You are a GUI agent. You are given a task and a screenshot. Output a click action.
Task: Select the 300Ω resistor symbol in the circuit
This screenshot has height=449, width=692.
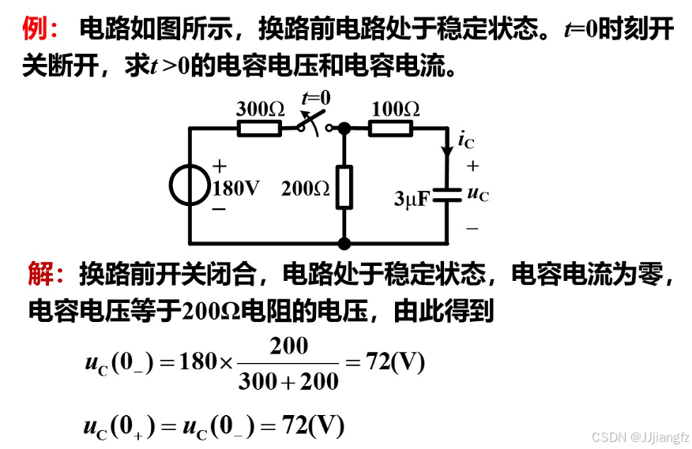coord(259,128)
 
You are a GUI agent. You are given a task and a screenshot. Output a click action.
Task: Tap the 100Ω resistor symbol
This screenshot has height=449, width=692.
coord(393,128)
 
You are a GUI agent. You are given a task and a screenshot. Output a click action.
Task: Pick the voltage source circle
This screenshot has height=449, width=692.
coord(190,186)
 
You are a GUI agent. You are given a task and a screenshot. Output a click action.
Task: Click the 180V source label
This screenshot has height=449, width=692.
coord(235,188)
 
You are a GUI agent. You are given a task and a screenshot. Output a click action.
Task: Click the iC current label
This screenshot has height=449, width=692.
coord(466,140)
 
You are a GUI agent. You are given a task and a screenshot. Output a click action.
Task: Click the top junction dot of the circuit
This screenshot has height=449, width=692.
coord(344,128)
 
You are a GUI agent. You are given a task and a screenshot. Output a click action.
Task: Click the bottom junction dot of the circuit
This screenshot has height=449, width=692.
coord(344,244)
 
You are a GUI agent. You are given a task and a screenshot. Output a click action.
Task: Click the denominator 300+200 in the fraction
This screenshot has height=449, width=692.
coord(288,382)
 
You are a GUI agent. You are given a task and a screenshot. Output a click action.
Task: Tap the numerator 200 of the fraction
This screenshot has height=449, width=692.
coord(289,346)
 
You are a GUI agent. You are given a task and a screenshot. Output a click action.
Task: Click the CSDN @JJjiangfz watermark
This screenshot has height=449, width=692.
coord(640,436)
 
